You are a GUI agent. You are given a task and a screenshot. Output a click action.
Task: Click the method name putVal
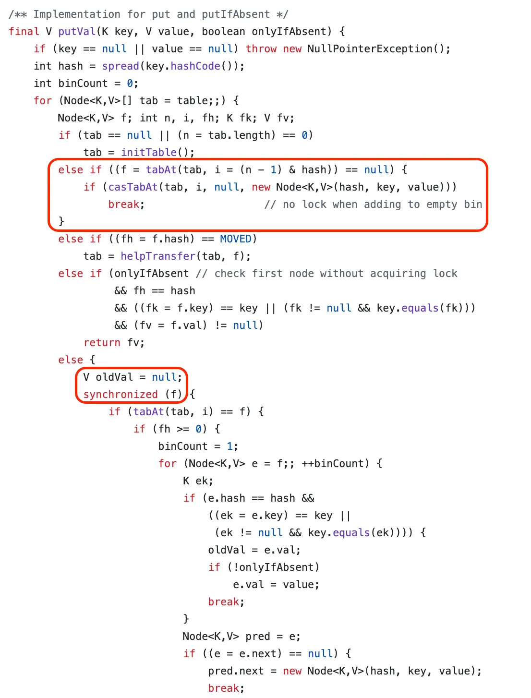(x=77, y=32)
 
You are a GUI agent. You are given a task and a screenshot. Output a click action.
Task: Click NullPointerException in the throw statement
(x=370, y=49)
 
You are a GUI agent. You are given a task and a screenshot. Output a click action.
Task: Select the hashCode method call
(x=195, y=66)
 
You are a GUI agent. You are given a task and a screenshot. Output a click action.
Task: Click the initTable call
(x=149, y=153)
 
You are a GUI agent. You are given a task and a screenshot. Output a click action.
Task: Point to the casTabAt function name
(x=133, y=187)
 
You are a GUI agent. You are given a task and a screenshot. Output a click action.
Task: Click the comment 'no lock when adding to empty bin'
(x=373, y=205)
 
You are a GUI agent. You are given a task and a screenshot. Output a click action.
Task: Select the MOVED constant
(x=236, y=239)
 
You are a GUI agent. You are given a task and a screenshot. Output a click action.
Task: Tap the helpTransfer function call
(x=158, y=256)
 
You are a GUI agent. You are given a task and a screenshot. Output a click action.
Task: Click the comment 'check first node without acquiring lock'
(x=326, y=274)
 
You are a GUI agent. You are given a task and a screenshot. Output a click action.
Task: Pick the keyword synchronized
(x=121, y=395)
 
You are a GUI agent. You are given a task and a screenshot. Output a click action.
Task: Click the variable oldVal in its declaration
(x=114, y=377)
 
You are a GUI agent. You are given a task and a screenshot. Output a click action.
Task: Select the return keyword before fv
(x=102, y=343)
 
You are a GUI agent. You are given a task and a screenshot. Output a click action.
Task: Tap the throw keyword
(x=261, y=49)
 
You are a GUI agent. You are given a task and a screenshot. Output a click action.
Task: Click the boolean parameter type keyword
(x=223, y=32)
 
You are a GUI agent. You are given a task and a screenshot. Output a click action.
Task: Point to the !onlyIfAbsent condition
(x=273, y=567)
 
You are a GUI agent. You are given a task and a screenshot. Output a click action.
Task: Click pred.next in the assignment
(x=236, y=671)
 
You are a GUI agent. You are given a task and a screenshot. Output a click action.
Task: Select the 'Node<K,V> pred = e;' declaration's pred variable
(x=258, y=637)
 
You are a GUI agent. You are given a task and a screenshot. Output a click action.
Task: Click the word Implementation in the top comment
(x=77, y=14)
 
